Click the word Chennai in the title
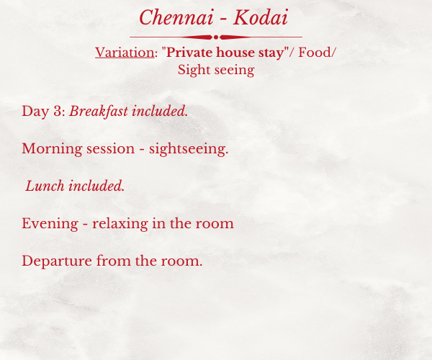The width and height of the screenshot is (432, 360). click(x=176, y=17)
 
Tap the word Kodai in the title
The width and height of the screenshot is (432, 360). click(x=261, y=17)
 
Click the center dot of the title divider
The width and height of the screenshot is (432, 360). click(x=216, y=37)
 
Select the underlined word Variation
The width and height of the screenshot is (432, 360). click(x=125, y=53)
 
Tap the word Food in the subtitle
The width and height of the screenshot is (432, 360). click(x=315, y=53)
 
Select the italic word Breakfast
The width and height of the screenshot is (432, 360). click(x=99, y=112)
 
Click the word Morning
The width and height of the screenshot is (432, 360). click(x=52, y=149)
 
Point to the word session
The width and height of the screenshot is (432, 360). click(x=110, y=149)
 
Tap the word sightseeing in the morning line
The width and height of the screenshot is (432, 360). click(x=189, y=149)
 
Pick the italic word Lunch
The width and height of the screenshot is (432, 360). click(x=45, y=186)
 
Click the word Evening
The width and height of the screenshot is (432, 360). click(x=50, y=224)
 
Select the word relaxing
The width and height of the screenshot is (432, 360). click(x=120, y=224)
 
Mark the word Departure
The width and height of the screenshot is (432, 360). click(x=57, y=261)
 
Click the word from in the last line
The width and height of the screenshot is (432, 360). click(x=114, y=261)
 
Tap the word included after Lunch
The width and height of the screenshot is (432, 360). click(x=96, y=186)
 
